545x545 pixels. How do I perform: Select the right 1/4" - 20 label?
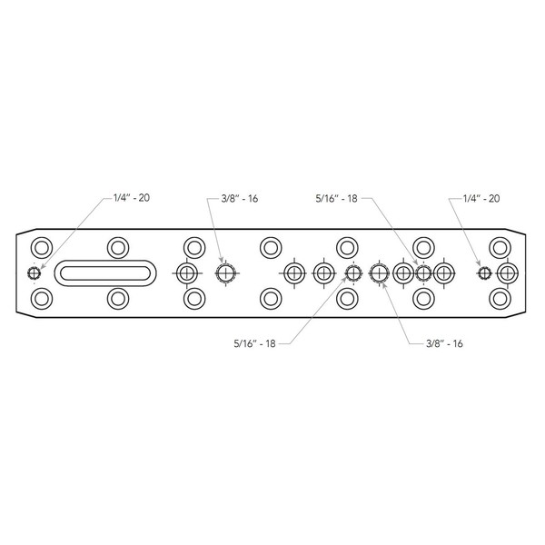pos(481,198)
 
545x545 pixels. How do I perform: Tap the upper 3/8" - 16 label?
pos(239,198)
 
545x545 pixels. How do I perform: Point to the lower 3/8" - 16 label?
pos(445,343)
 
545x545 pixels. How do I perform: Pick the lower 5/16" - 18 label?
pos(254,343)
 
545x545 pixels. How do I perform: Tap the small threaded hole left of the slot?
pos(34,272)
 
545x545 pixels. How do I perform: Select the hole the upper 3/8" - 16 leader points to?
pos(225,272)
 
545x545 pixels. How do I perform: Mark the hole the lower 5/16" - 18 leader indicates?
pos(352,272)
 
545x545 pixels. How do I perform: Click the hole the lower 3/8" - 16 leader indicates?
pos(379,272)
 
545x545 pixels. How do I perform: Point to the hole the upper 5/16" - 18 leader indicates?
pos(422,272)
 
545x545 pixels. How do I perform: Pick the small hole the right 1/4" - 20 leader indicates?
pos(484,272)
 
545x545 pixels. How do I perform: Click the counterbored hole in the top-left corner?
pos(41,247)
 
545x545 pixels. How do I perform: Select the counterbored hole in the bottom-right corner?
pos(498,298)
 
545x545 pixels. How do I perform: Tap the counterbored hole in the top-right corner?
pos(498,247)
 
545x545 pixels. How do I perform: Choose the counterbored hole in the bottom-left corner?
pos(41,298)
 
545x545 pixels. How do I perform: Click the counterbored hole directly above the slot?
pos(117,247)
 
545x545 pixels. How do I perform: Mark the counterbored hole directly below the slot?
pos(117,298)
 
